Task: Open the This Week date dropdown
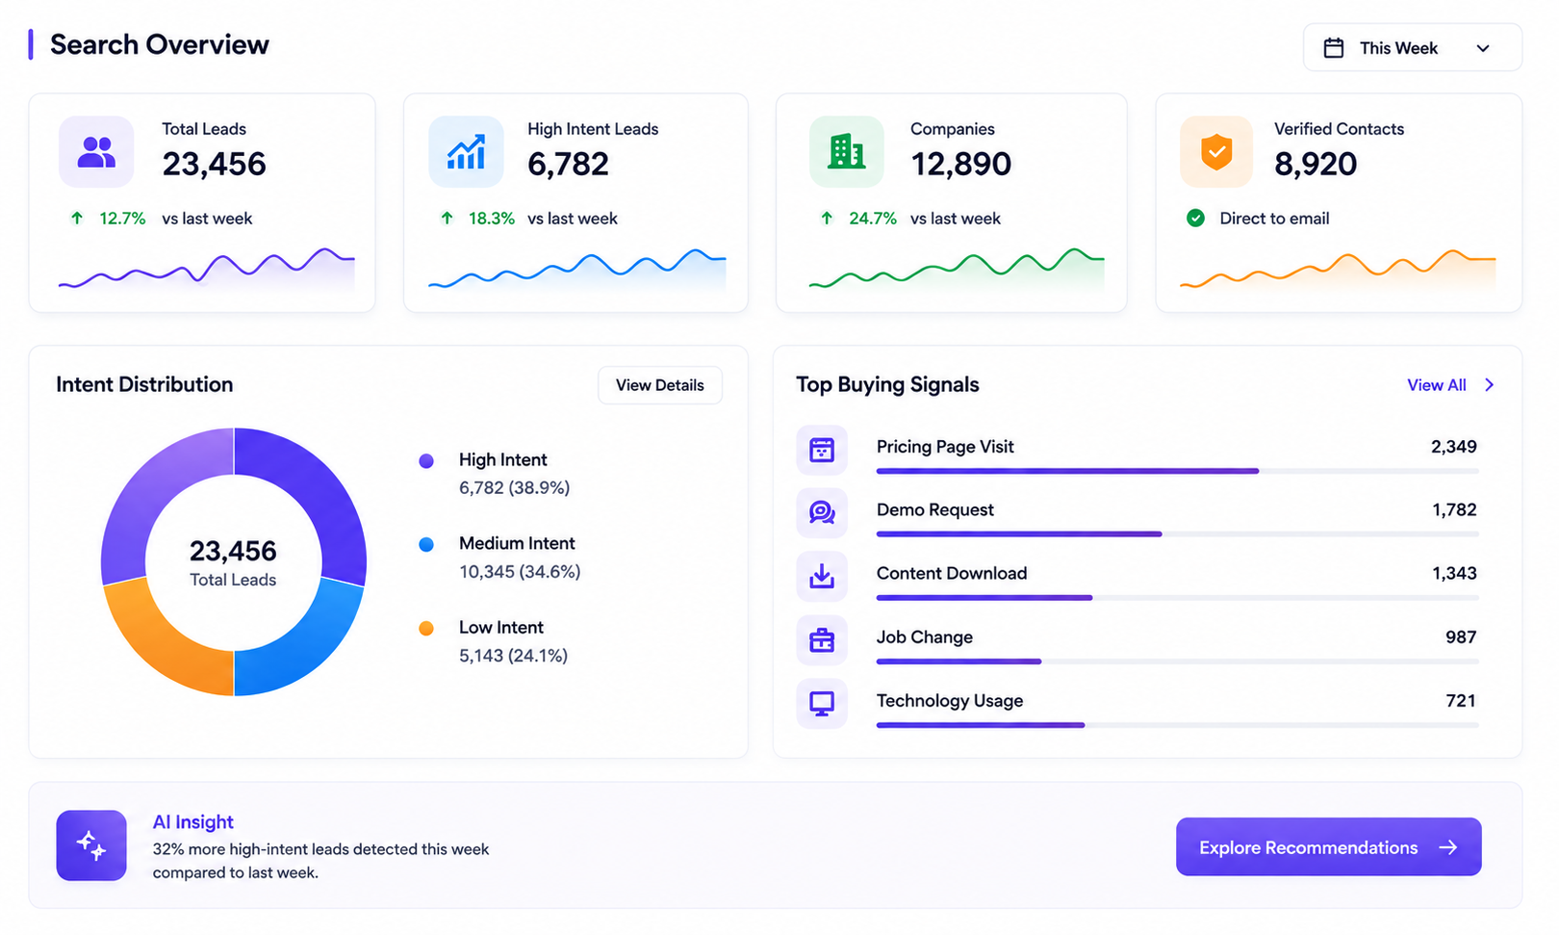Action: tap(1412, 47)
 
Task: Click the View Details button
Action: tap(660, 385)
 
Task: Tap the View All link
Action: tap(1450, 385)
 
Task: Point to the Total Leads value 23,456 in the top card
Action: tap(215, 165)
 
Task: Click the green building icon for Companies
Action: tap(846, 151)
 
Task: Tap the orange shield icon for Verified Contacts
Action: tap(1216, 151)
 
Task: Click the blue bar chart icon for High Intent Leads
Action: tap(466, 151)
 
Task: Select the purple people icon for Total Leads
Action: tap(96, 151)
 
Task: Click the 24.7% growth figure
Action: tap(873, 219)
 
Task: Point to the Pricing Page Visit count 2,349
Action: tap(1453, 446)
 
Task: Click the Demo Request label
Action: tap(934, 509)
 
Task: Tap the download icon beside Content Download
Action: tap(822, 577)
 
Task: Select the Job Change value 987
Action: tap(1460, 637)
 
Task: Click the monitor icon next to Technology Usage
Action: tap(822, 703)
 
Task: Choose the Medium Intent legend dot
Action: tap(426, 544)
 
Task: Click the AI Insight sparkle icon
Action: tap(91, 845)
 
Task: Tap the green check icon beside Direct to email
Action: tap(1195, 219)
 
